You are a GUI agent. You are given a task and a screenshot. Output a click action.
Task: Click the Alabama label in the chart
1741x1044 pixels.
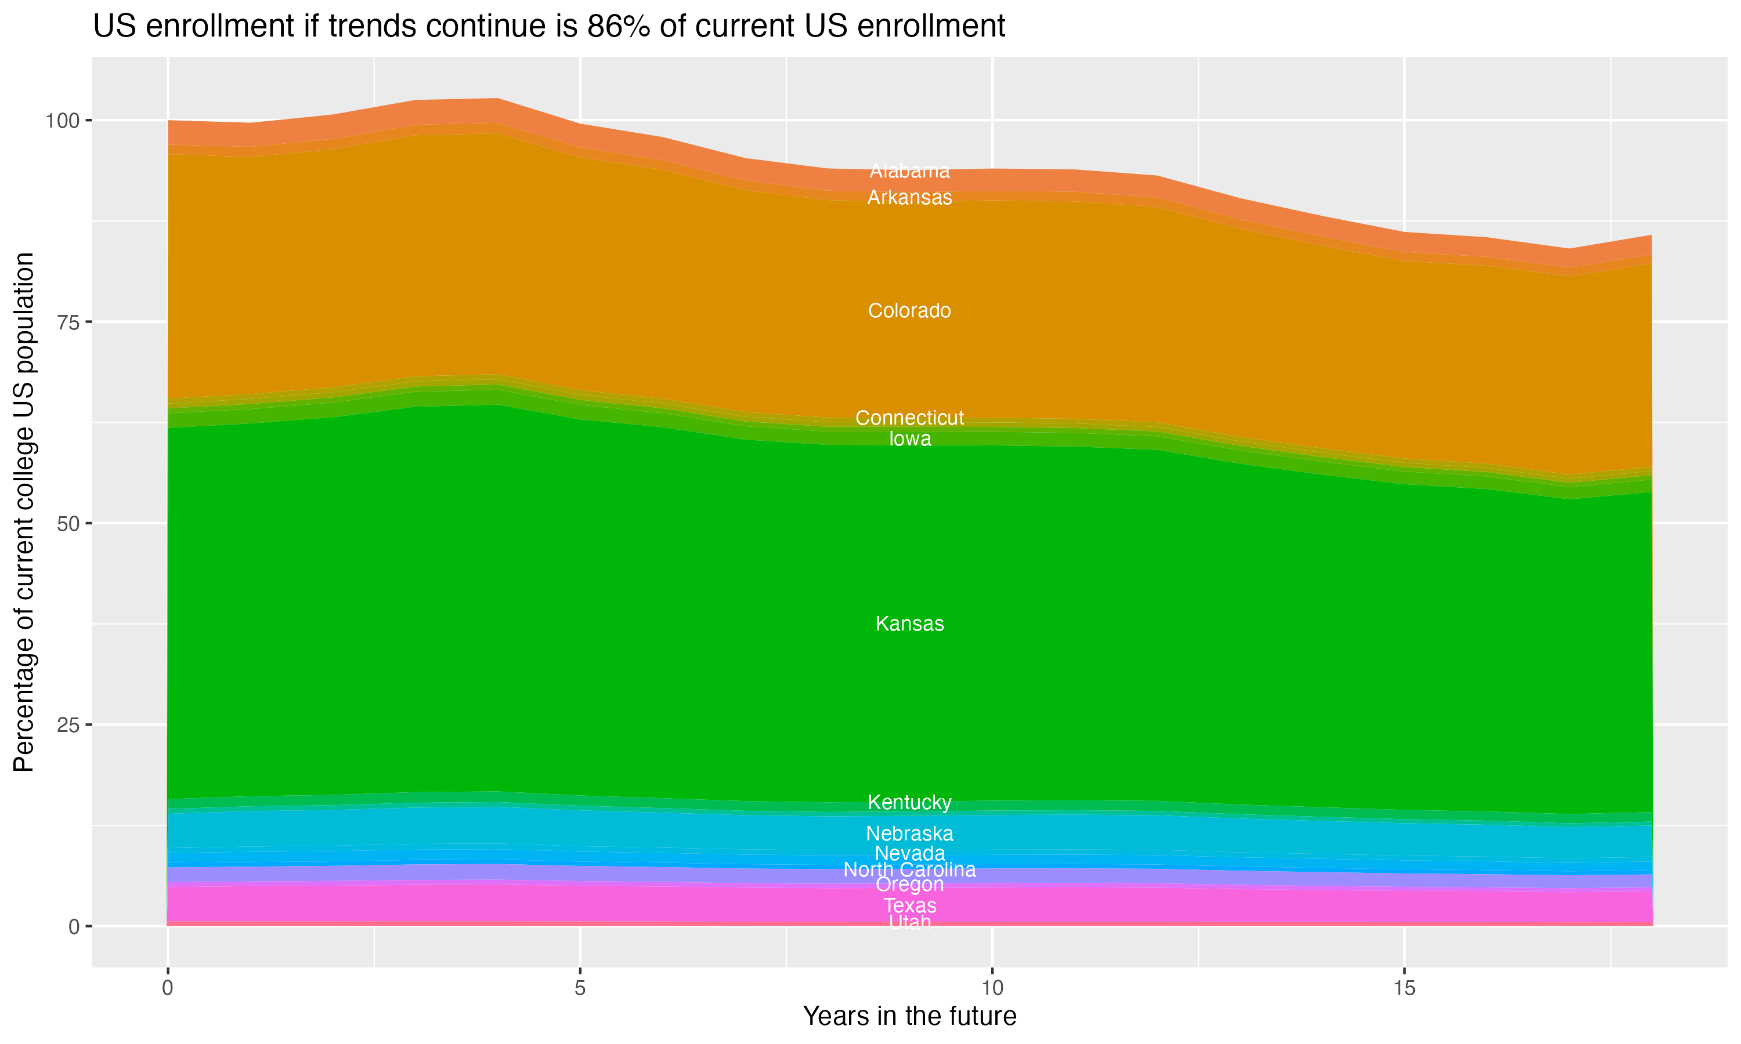click(909, 171)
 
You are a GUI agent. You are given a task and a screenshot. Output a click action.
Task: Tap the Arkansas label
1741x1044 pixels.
click(909, 198)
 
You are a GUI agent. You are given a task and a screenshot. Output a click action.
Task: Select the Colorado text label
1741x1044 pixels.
click(909, 310)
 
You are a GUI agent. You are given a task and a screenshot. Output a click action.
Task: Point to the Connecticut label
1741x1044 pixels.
click(909, 418)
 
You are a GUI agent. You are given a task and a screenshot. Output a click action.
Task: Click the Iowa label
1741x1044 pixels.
click(909, 439)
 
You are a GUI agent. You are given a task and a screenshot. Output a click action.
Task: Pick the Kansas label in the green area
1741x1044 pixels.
click(909, 623)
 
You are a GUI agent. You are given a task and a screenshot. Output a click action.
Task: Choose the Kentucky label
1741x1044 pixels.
click(909, 802)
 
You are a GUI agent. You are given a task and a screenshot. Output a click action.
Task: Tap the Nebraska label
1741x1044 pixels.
click(909, 833)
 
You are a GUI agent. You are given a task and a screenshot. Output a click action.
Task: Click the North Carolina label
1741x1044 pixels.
click(909, 869)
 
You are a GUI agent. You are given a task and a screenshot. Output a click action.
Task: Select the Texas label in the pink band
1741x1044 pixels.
click(909, 905)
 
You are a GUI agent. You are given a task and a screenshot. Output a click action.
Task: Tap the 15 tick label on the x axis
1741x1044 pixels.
click(1404, 988)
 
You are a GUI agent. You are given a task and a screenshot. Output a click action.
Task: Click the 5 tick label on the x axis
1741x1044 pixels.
click(579, 988)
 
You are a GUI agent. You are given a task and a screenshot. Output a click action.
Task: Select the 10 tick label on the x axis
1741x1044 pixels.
click(992, 988)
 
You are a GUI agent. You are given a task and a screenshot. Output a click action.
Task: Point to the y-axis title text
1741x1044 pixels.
click(24, 512)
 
